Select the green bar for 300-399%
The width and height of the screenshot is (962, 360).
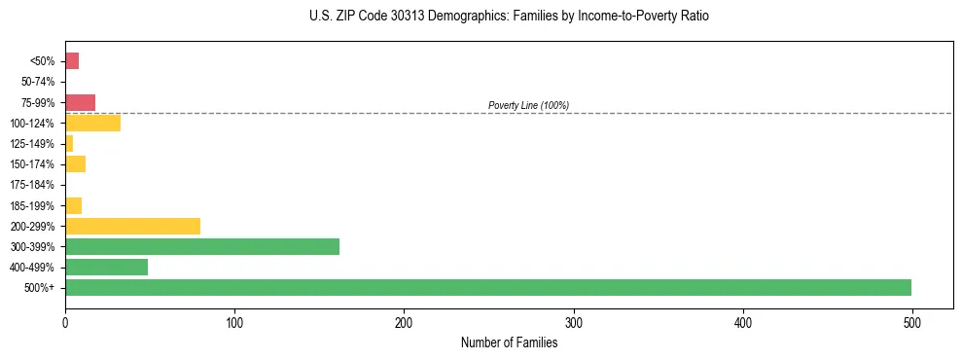coord(202,246)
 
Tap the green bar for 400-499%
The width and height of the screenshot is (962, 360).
coord(106,267)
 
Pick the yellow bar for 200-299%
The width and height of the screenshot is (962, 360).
coord(132,226)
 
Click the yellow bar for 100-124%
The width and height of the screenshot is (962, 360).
coord(92,124)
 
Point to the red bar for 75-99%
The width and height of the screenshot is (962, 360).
coord(80,103)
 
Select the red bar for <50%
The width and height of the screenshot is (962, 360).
coord(72,61)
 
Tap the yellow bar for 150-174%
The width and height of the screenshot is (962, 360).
coord(75,164)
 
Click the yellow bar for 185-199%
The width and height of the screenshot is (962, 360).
coord(73,205)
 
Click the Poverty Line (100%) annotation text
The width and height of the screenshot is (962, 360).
coord(528,105)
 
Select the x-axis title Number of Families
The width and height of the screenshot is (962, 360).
coord(509,342)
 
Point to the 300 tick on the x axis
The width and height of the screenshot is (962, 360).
coord(574,322)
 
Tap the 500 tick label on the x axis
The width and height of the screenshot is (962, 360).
coord(912,322)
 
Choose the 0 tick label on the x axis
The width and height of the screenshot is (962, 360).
coord(65,322)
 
